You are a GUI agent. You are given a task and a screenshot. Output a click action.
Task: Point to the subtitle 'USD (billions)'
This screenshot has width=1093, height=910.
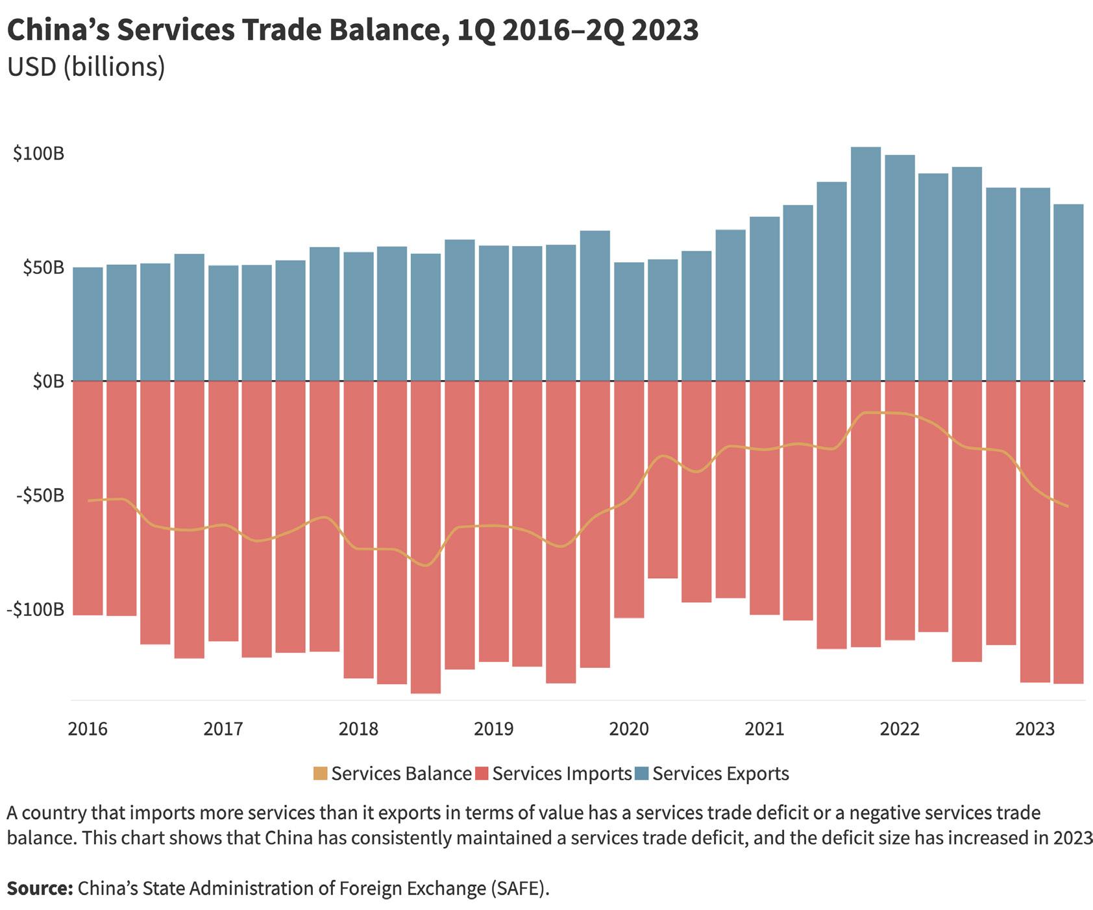86,67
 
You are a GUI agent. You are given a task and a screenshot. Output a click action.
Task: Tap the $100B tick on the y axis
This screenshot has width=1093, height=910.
38,154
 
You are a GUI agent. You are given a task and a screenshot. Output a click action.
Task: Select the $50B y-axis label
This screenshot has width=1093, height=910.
43,267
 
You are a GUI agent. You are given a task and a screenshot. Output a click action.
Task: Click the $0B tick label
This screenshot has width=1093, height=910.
48,381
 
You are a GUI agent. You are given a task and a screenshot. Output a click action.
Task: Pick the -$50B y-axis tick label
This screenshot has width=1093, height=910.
40,496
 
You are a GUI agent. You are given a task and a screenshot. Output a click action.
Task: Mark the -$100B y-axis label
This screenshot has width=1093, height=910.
36,609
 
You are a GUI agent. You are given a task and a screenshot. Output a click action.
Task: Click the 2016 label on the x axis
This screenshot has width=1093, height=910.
88,729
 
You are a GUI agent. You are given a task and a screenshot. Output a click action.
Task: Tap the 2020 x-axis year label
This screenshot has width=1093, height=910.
628,729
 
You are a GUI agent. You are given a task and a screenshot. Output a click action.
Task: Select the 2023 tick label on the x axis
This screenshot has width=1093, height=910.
1035,729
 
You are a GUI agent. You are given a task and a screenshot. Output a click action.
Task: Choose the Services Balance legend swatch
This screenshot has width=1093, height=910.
320,774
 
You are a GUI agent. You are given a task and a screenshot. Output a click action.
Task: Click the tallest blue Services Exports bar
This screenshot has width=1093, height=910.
866,263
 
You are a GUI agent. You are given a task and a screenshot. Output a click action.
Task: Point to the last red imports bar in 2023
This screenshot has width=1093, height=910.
1068,532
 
